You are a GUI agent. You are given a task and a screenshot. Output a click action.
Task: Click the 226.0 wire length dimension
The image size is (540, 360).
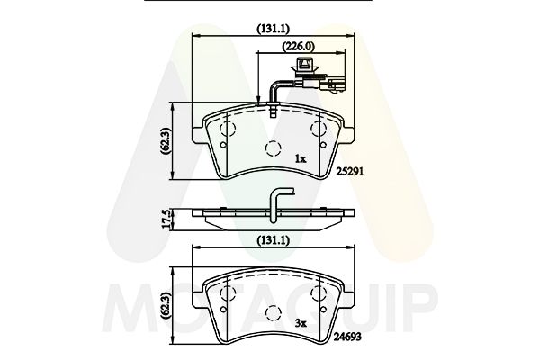point(299,46)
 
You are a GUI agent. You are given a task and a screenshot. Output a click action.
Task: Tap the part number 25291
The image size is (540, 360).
point(349,172)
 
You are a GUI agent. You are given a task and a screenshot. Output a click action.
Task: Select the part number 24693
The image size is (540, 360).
point(348,336)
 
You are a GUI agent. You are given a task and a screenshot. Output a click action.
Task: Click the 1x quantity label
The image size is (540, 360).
point(301,158)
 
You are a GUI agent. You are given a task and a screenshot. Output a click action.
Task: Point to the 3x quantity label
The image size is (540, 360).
point(301,323)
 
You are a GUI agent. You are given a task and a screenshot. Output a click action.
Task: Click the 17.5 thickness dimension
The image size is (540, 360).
point(166,219)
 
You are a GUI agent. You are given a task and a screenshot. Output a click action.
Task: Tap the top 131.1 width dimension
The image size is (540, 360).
point(273,29)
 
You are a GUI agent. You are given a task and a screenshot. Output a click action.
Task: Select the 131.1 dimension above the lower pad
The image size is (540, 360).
point(273,241)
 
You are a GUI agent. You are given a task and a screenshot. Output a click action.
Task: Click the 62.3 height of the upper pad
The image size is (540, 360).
point(166,141)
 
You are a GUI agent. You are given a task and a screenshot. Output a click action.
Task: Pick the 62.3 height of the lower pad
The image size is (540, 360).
point(166,306)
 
